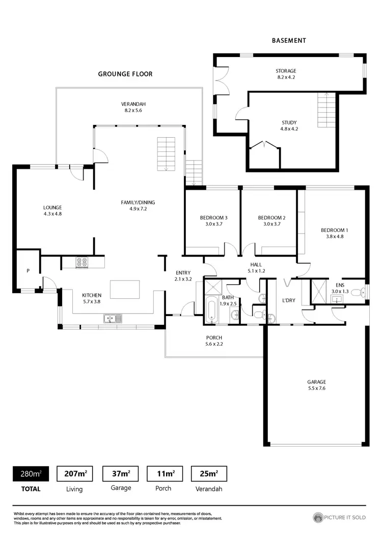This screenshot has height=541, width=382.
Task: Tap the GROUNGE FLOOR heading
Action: point(125,74)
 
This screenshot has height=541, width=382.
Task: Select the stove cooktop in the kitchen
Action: point(82,263)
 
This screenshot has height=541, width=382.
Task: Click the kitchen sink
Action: point(111,319)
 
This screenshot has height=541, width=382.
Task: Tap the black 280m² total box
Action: point(31,474)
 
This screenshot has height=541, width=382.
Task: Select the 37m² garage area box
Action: point(120,474)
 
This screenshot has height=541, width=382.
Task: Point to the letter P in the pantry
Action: point(28,270)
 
